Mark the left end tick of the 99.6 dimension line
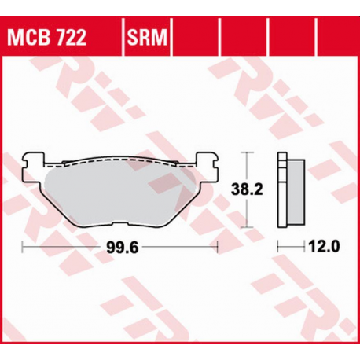[x=23, y=247]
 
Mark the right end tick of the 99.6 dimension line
[x=218, y=247]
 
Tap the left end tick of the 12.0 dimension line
[x=277, y=247]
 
